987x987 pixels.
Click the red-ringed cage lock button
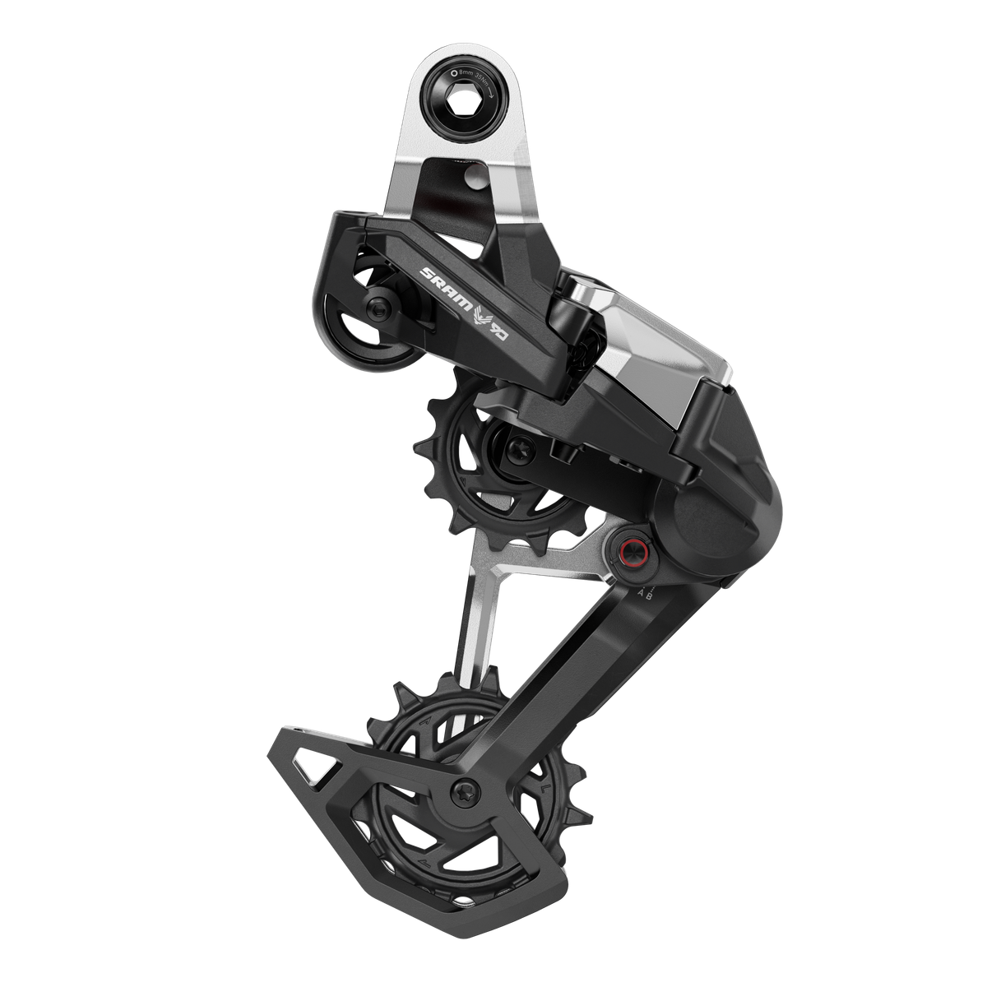point(629,550)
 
